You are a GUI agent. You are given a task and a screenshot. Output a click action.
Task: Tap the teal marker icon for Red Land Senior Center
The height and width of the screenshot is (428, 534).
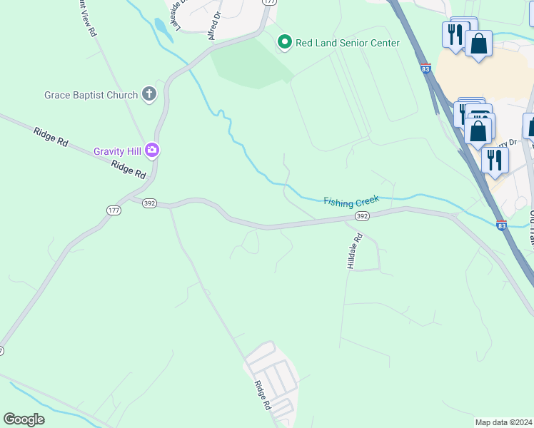tap(285, 43)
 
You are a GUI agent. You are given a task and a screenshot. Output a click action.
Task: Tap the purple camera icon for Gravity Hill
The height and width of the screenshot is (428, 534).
tap(151, 150)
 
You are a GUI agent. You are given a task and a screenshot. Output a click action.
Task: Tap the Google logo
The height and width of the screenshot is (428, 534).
tap(24, 419)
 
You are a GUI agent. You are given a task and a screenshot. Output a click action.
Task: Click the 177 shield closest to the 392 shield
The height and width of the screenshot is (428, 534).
tap(114, 210)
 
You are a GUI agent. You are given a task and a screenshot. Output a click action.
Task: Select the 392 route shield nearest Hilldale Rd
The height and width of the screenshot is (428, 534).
tap(362, 215)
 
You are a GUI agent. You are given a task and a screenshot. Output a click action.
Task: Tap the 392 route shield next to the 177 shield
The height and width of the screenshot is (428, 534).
tap(149, 203)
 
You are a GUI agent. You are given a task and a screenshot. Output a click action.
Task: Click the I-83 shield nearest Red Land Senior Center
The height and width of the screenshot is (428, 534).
tap(425, 69)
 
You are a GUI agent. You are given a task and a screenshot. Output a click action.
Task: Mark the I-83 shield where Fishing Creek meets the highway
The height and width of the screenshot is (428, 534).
tap(501, 225)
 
